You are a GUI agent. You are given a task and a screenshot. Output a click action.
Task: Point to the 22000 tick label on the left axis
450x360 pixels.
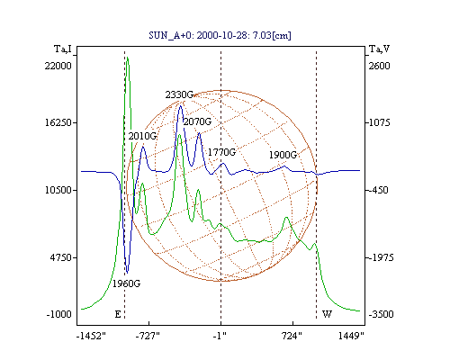pos(58,66)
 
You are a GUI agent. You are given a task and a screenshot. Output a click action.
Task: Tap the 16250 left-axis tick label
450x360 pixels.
pos(58,122)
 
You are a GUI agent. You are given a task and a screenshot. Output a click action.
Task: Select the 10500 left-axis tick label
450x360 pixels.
pos(58,190)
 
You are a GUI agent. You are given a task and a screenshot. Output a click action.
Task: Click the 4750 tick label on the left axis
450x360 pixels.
pos(61,257)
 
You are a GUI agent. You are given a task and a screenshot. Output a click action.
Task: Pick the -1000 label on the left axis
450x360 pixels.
pos(59,314)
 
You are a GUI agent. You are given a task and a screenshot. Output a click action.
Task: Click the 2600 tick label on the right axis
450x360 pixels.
pos(380,66)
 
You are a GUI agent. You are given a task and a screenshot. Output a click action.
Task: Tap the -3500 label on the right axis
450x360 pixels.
pos(381,314)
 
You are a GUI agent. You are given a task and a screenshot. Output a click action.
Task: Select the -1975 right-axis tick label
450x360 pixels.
pos(381,257)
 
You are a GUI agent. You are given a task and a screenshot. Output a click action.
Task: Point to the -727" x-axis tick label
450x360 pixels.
pos(148,336)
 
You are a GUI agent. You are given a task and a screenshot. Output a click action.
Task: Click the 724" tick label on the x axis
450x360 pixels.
pos(292,336)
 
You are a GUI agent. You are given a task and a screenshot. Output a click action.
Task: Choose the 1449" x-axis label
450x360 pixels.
pos(351,336)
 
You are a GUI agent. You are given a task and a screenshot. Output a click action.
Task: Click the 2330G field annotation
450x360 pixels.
pos(179,94)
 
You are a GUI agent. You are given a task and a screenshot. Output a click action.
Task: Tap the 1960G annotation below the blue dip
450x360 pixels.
pos(126,283)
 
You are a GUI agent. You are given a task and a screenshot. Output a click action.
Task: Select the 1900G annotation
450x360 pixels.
pos(283,155)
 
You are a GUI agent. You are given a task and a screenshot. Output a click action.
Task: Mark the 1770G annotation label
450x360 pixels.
pos(222,152)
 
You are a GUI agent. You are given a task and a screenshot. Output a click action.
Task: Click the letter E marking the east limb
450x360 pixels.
pos(118,314)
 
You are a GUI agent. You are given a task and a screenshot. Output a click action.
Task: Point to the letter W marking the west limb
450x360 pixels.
pos(327,314)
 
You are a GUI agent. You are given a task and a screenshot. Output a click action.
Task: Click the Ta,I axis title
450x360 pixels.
pos(63,49)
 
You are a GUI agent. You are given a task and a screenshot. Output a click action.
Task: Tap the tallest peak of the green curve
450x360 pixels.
pos(128,58)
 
